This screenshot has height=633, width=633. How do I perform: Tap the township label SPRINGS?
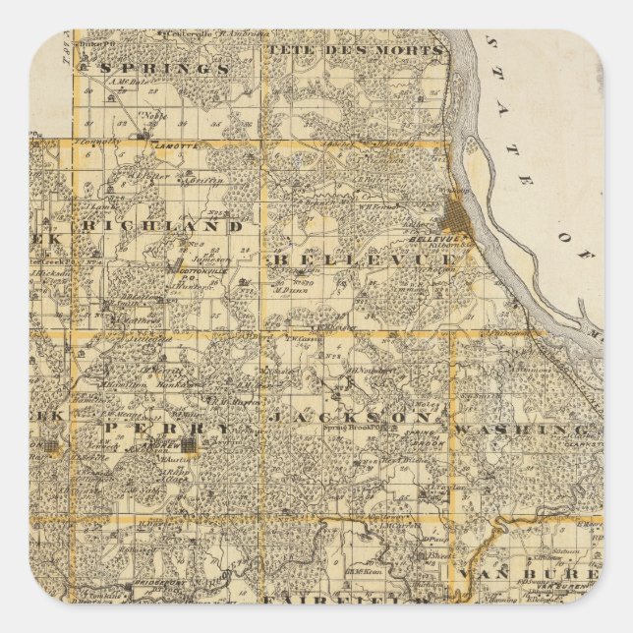pos(167,69)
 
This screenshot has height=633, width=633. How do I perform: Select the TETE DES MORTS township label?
pos(355,49)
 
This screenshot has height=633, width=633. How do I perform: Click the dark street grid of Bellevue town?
pos(459,215)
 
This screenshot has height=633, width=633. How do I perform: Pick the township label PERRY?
pos(168,429)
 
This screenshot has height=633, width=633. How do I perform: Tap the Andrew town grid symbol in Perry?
pos(207,446)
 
